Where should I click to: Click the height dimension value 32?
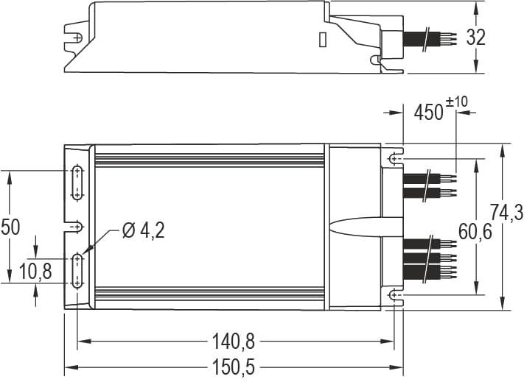[476, 38]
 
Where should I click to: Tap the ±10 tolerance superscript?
[458, 101]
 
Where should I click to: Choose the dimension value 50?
[10, 227]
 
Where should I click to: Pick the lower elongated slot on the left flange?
[77, 271]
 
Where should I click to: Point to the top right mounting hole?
[395, 159]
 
